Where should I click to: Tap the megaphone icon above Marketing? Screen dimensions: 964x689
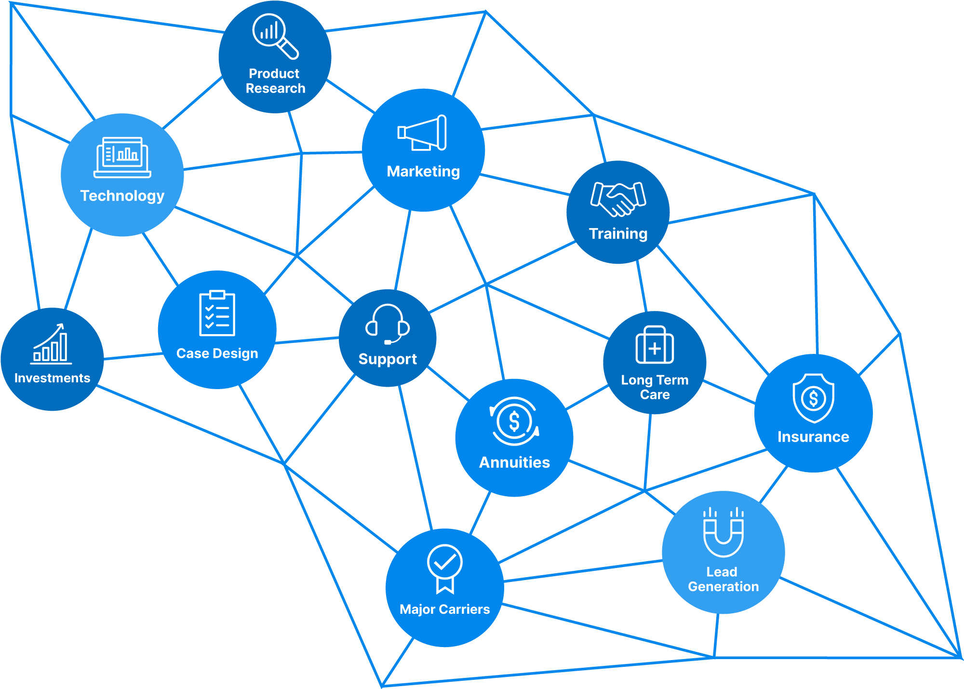[422, 133]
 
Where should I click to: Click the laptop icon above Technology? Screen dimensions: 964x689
[122, 158]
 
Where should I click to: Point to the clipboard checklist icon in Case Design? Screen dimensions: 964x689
[217, 313]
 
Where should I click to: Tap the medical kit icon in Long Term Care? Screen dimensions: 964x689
[655, 344]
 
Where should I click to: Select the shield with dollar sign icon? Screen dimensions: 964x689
[814, 398]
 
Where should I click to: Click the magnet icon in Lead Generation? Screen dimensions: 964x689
[723, 532]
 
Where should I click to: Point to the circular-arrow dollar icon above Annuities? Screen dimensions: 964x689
[514, 421]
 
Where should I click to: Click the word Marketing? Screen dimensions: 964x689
[423, 172]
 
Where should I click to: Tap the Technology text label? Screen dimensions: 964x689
[122, 196]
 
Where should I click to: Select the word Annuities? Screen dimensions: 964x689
[514, 462]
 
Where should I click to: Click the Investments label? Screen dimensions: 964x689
[52, 378]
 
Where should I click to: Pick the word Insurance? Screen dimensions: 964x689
[813, 437]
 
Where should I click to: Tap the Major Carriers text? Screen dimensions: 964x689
[445, 609]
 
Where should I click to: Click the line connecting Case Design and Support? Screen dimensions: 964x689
[307, 341]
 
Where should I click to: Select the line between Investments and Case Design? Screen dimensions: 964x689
[133, 356]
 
